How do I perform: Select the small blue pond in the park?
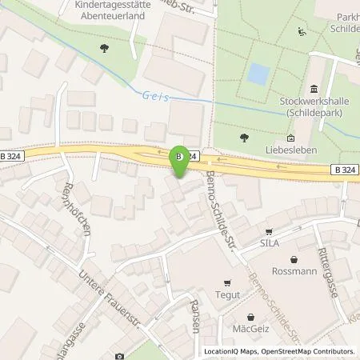tap(258, 74)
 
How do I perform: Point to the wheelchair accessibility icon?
tap(302, 33)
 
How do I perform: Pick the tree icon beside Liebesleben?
tap(244, 138)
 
